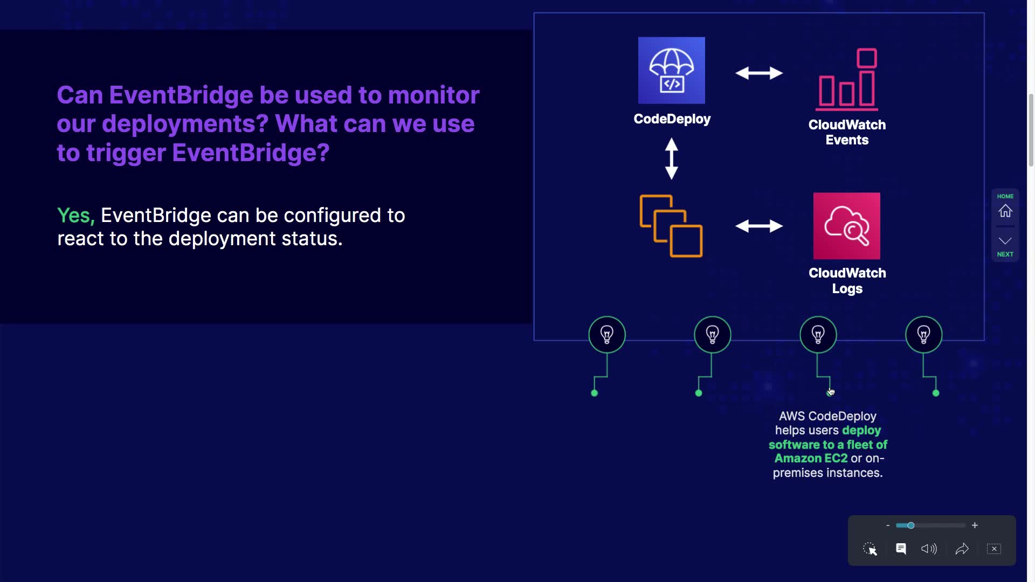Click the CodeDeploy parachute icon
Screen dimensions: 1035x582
[671, 71]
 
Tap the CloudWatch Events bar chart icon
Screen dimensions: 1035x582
[847, 79]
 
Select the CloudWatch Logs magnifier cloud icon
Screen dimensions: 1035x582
[846, 226]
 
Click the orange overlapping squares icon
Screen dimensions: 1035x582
[671, 226]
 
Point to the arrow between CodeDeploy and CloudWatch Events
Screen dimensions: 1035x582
[759, 73]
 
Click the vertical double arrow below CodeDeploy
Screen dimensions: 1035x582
[671, 158]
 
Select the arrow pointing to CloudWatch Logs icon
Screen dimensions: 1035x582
[759, 226]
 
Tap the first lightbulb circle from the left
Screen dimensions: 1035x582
[607, 335]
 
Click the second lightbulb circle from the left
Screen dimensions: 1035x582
[712, 335]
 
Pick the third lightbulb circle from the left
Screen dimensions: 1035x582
[818, 335]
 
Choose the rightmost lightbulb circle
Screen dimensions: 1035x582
[923, 335]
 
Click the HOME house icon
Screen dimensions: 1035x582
[1005, 211]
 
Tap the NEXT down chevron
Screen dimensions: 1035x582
[1005, 241]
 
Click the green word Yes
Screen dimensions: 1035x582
[75, 216]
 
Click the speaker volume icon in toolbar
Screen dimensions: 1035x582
[929, 549]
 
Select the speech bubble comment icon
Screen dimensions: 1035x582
[901, 549]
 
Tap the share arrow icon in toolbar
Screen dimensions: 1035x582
[962, 549]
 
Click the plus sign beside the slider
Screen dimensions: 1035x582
[975, 525]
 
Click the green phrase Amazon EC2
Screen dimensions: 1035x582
[811, 459]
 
